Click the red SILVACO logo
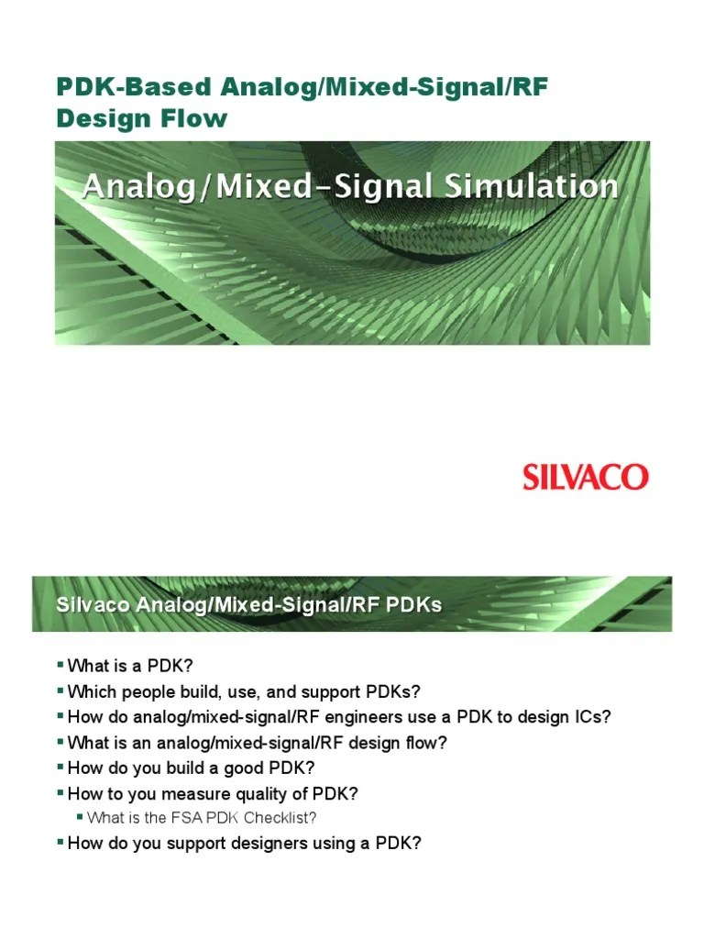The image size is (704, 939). click(586, 477)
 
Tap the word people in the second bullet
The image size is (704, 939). click(144, 690)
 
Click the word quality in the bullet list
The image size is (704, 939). click(247, 793)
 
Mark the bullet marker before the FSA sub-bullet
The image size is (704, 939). click(79, 816)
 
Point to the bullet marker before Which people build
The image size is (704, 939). click(60, 690)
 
